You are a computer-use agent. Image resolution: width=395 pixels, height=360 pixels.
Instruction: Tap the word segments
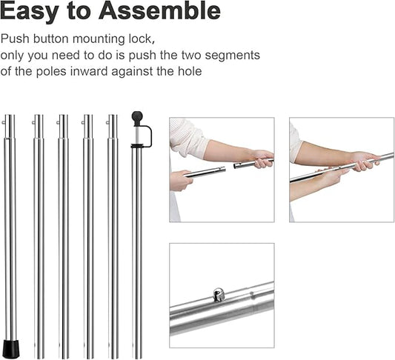[x=234, y=56]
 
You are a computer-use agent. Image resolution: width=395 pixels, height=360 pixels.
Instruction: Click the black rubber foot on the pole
[x=10, y=349]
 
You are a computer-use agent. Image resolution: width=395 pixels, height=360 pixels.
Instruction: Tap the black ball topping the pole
[x=137, y=116]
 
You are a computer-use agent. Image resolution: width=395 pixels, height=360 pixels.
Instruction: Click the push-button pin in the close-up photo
[x=219, y=295]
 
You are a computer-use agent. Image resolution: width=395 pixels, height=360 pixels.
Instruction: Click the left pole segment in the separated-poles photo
[x=205, y=172]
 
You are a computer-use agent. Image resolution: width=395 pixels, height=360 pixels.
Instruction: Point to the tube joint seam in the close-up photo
[x=250, y=300]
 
